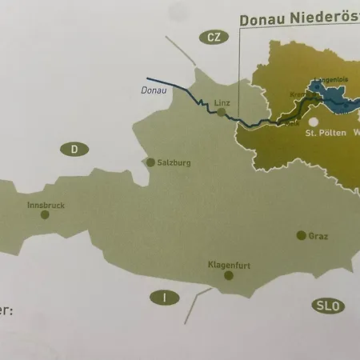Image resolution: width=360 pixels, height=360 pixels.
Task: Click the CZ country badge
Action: [211, 38]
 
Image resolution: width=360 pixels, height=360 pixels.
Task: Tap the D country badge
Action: [74, 149]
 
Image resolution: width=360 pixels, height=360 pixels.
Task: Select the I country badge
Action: [164, 298]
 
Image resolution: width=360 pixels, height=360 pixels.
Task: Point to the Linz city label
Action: [222, 102]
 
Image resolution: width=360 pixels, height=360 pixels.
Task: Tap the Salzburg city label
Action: [174, 162]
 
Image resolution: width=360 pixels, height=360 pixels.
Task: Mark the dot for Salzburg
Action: [150, 162]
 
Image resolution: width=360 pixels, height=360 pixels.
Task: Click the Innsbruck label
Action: [46, 206]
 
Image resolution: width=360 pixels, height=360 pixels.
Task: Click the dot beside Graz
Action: [301, 235]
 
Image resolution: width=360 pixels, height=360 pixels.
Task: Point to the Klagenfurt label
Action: [230, 264]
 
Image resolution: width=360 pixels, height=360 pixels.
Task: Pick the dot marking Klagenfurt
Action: [229, 275]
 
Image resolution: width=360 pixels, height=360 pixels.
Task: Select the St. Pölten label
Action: [325, 134]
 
